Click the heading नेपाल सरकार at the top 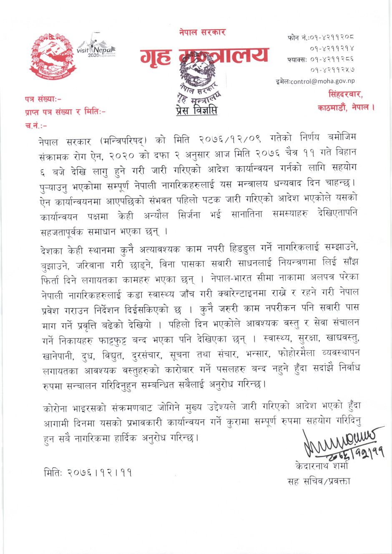202,32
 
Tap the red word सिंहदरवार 345,94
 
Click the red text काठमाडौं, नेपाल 346,108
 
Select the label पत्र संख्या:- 43,99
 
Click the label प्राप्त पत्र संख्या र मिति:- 65,112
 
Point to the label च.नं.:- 36,125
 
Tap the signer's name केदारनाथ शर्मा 322,466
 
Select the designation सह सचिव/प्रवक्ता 319,481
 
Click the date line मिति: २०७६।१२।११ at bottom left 88,473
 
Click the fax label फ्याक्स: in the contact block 297,60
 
